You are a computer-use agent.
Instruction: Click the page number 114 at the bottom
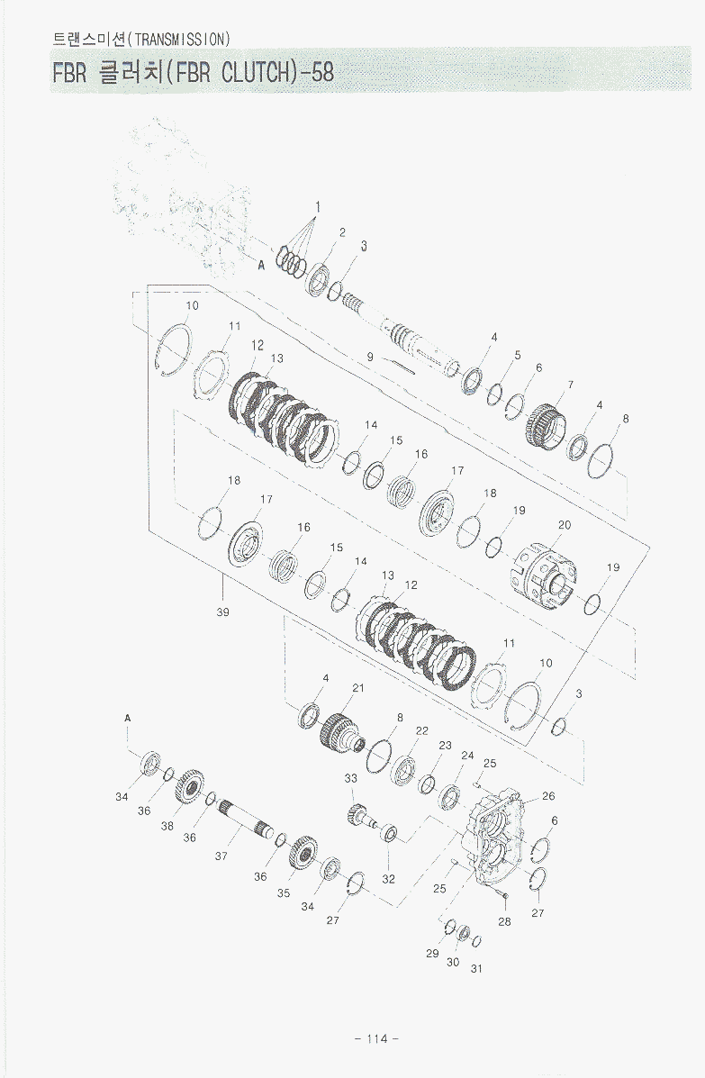point(377,1038)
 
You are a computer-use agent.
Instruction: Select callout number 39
point(222,611)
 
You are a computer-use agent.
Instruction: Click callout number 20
point(565,524)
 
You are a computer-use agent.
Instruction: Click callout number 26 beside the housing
point(548,796)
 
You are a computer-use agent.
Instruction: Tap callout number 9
point(370,358)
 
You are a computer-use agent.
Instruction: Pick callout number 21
point(358,687)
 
